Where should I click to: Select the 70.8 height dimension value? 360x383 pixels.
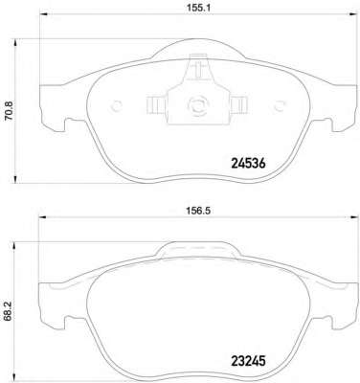tap(9, 110)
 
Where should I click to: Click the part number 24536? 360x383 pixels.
tap(248, 164)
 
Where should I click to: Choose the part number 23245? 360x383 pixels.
tap(248, 362)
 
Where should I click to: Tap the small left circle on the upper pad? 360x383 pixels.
tap(116, 105)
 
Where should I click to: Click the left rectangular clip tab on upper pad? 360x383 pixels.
tap(155, 105)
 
